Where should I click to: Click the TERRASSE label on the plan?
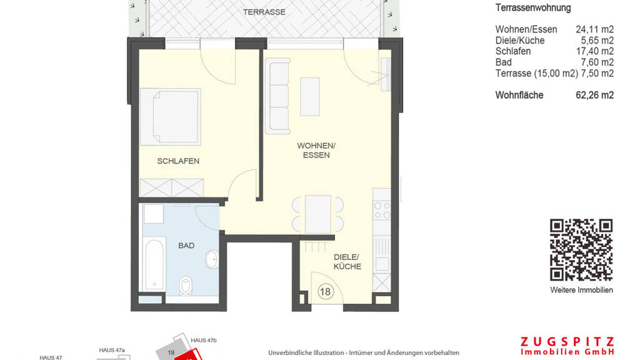pos(264,12)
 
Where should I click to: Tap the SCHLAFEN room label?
pos(178,161)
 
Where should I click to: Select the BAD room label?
pos(186,246)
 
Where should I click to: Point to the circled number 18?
pos(325,292)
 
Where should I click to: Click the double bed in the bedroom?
pos(171,117)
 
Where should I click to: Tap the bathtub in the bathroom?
pos(155,264)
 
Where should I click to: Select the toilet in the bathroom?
pos(186,285)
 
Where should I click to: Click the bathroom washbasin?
pos(212,259)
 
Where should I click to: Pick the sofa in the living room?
pos(277,96)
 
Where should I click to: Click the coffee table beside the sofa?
pos(310,97)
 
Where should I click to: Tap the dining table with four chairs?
pos(318,214)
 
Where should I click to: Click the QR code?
pos(581,250)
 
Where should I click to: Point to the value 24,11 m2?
pos(595,29)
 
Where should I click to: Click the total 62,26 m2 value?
pos(595,95)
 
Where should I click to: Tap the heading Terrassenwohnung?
pos(533,7)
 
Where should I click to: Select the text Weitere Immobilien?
pos(581,290)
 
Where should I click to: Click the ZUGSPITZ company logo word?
pos(567,342)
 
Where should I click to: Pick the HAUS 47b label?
pos(204,341)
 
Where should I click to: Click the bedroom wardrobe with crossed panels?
pos(171,187)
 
